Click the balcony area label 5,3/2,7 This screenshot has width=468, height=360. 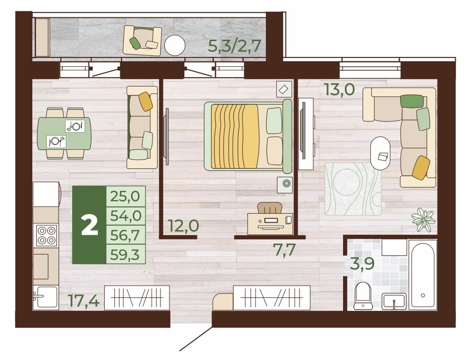(x=234, y=46)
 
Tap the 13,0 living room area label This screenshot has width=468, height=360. (x=340, y=89)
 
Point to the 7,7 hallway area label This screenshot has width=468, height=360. (x=285, y=250)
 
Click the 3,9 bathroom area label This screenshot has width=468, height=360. (x=362, y=264)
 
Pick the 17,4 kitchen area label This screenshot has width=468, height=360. (x=84, y=300)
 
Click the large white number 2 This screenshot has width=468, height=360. (x=89, y=225)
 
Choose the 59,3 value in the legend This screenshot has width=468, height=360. (x=125, y=255)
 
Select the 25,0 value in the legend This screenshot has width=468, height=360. (x=125, y=196)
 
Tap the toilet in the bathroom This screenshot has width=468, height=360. (x=363, y=295)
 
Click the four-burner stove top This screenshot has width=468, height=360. (x=46, y=235)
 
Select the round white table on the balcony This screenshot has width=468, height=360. (x=175, y=45)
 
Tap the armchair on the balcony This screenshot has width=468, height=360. (x=142, y=41)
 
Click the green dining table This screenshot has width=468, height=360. (x=64, y=133)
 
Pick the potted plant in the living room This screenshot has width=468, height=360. (x=424, y=220)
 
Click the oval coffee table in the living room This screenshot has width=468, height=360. (x=380, y=153)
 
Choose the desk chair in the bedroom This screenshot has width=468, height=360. (x=270, y=208)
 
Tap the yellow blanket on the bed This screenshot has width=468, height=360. (x=234, y=136)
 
